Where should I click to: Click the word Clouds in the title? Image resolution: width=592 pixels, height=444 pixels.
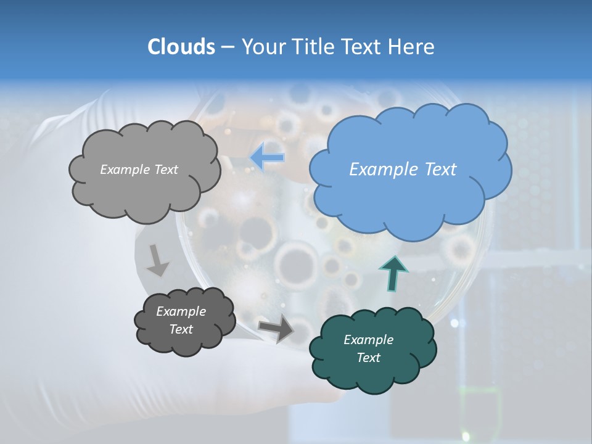(x=181, y=47)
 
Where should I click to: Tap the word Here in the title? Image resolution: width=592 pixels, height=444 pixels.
(x=411, y=47)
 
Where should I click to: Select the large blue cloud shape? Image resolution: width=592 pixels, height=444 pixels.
(x=410, y=166)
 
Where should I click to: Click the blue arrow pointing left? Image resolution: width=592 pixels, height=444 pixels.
(x=268, y=158)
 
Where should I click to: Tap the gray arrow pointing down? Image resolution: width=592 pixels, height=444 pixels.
(x=157, y=260)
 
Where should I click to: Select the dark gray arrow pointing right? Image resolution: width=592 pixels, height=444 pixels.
(x=276, y=329)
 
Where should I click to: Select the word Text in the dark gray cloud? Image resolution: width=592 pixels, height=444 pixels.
(x=181, y=329)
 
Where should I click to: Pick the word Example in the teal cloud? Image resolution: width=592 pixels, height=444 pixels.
(x=368, y=340)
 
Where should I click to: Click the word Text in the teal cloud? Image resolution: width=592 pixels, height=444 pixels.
(x=368, y=358)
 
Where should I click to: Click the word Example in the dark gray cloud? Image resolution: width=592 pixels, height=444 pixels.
(x=181, y=311)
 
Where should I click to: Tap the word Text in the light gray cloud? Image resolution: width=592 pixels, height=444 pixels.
(x=165, y=170)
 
